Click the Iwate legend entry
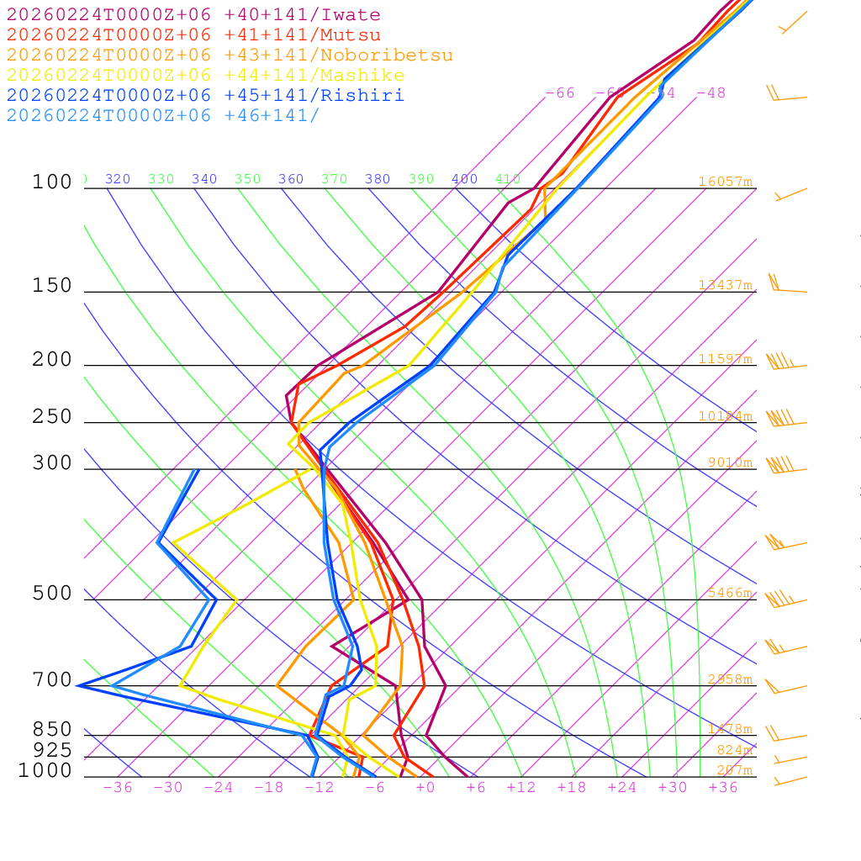(x=193, y=15)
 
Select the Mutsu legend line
(x=193, y=35)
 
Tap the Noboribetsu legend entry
(x=230, y=55)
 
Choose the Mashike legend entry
(x=205, y=76)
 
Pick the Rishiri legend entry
(x=205, y=95)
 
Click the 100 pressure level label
(x=52, y=182)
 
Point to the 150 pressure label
(x=52, y=286)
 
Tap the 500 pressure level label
(x=52, y=594)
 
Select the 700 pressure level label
(x=52, y=679)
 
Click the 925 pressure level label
(x=52, y=750)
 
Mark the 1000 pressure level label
(x=45, y=770)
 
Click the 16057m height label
(x=726, y=182)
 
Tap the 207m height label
(x=734, y=770)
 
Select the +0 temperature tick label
(x=425, y=788)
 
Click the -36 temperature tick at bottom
(x=117, y=788)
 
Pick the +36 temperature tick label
(x=723, y=788)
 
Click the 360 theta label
(x=291, y=179)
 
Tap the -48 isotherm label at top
(x=710, y=92)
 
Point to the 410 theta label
(x=508, y=179)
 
